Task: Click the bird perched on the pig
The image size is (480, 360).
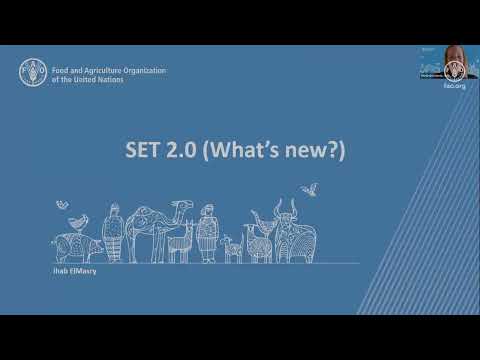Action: pos(64,205)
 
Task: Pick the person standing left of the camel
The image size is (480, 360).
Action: pos(113,233)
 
